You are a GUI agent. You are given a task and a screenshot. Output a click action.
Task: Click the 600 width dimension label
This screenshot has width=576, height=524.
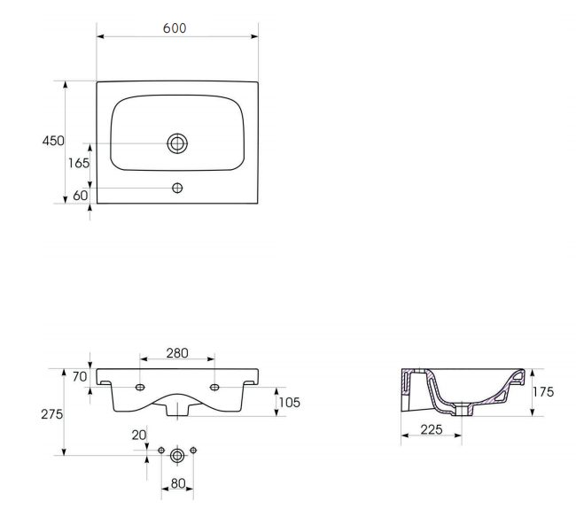(x=175, y=28)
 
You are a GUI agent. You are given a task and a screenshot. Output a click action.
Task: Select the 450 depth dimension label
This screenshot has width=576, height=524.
(x=53, y=141)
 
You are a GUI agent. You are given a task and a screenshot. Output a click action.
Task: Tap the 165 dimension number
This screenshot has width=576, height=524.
(x=79, y=163)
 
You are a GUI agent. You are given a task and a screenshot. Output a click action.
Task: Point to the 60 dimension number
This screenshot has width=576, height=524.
(x=81, y=196)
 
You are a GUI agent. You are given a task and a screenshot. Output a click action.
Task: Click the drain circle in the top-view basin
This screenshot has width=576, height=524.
(x=177, y=143)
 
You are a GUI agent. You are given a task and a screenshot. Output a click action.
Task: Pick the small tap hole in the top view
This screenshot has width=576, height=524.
(x=177, y=188)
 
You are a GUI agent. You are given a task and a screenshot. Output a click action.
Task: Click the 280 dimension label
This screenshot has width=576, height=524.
(x=177, y=353)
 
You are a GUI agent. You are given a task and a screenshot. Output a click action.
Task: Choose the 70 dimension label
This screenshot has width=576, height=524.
(x=80, y=376)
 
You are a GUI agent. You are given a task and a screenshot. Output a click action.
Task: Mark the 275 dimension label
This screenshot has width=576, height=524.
(x=51, y=414)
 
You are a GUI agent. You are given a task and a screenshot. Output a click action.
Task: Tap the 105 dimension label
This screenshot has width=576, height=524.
(x=290, y=403)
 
